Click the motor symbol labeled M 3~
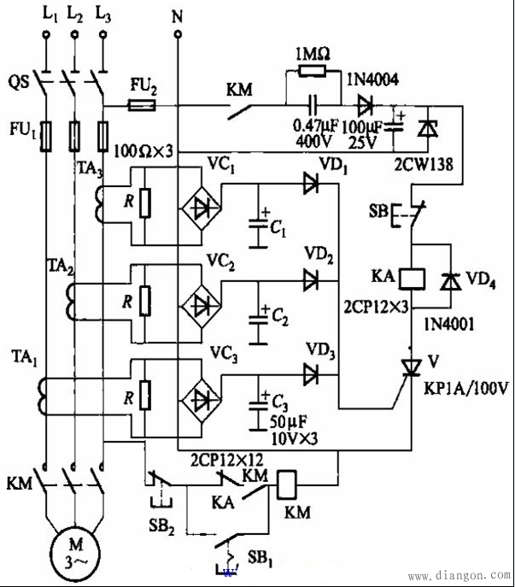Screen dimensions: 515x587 click(x=76, y=553)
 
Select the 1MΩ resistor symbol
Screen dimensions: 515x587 click(x=312, y=71)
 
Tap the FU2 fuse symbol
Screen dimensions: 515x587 click(x=142, y=106)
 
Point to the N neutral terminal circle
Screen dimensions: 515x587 click(x=178, y=34)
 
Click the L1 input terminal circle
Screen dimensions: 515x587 click(x=46, y=35)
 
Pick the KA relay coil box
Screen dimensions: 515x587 click(x=412, y=279)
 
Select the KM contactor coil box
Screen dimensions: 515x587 click(x=286, y=485)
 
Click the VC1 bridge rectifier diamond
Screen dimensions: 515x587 click(x=202, y=208)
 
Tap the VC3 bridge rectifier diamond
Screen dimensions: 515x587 click(x=202, y=401)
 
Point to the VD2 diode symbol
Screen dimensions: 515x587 click(x=310, y=280)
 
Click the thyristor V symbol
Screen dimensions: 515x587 click(x=411, y=367)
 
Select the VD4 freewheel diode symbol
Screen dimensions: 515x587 click(x=451, y=281)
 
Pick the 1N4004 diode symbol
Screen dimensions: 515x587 click(x=365, y=106)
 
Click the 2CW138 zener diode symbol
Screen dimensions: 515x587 click(x=428, y=129)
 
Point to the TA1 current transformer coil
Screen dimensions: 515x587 click(x=41, y=396)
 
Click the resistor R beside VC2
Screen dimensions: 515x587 click(x=145, y=301)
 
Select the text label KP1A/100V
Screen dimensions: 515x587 click(x=465, y=389)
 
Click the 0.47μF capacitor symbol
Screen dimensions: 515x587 click(x=313, y=105)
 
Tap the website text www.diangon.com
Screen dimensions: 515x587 click(x=459, y=575)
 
